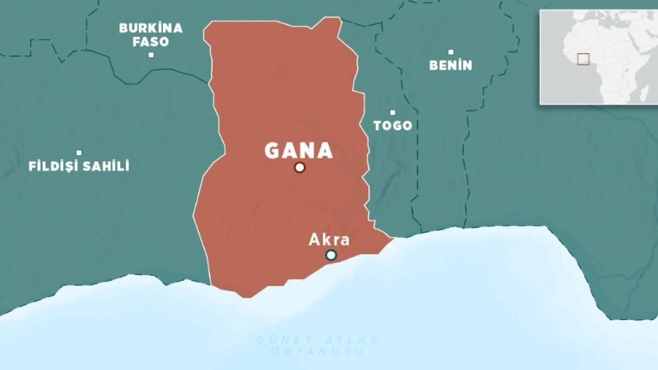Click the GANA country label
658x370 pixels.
coord(299,151)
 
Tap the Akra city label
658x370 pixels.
coord(329,240)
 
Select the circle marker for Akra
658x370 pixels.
coord(331,255)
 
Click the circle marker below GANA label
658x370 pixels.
coord(299,167)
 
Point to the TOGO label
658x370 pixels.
coord(393,126)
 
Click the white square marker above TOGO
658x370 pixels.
coord(393,112)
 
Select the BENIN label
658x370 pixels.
coord(450,65)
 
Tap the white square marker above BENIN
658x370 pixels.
coord(451,52)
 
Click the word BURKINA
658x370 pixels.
coord(151,29)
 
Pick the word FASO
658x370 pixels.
coord(151,42)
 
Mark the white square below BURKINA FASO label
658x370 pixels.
coord(151,55)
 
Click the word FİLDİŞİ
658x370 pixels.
coord(54,166)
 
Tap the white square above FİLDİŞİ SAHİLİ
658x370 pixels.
coord(79,153)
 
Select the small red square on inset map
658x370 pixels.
coord(583,59)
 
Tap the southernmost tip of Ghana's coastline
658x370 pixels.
coord(246,298)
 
